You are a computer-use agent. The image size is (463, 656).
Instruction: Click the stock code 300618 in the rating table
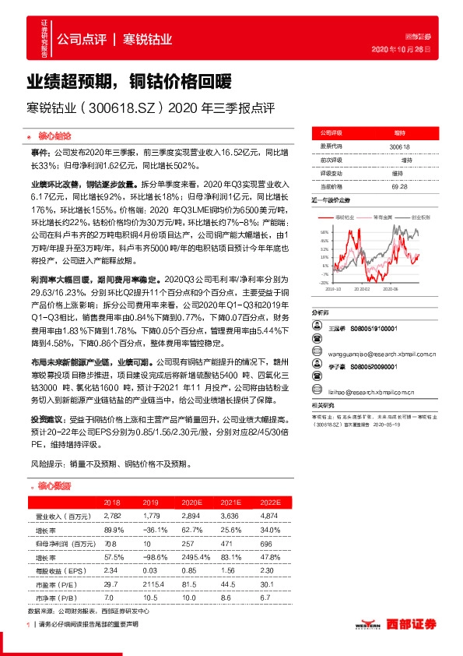[x=398, y=146]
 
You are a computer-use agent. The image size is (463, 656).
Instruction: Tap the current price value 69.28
[x=400, y=187]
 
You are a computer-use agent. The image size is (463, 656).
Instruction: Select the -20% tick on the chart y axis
[x=324, y=283]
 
